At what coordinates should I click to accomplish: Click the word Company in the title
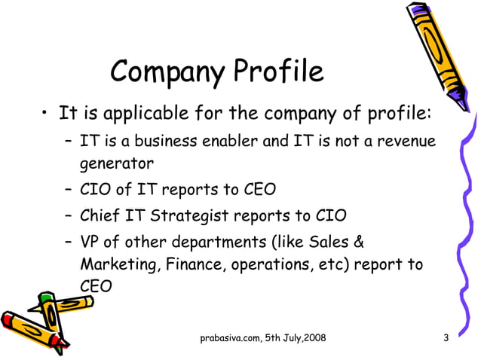coord(167,73)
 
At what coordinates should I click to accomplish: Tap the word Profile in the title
coord(277,72)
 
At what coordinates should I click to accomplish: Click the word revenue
coord(406,142)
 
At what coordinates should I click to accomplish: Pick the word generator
coord(117,163)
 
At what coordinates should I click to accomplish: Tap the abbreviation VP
coord(91,243)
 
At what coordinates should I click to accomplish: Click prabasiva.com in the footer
coord(230,337)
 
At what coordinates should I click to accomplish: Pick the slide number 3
coord(446,337)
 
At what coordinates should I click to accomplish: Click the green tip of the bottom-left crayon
coord(47,298)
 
